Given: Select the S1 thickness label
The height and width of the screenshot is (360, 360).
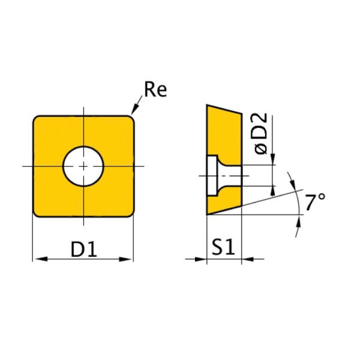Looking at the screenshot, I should (x=224, y=248).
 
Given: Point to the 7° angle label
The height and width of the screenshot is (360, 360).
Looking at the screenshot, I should (x=314, y=203).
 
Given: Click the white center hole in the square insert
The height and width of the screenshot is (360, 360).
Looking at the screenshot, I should (x=83, y=166).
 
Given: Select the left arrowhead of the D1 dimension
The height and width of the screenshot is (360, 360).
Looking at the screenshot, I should (x=37, y=259).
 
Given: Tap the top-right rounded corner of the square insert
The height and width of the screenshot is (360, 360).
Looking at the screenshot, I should (x=130, y=118).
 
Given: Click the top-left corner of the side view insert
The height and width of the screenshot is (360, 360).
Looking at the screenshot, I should (x=208, y=106).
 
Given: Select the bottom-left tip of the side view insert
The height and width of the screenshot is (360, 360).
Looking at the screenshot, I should (x=208, y=215).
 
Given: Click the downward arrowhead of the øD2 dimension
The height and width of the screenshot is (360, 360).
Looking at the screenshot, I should (x=274, y=160).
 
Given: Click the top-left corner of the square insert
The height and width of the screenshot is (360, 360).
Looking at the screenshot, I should (x=35, y=118).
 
